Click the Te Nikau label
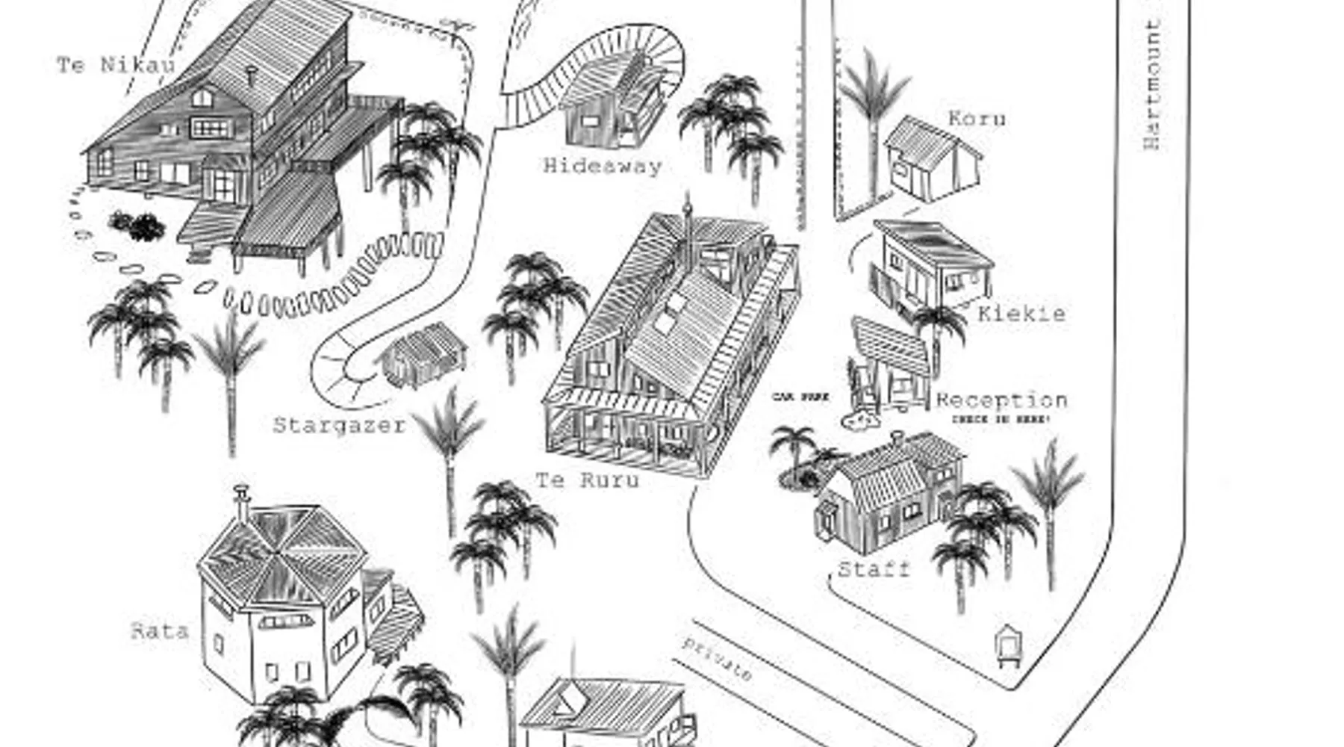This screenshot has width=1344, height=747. point(116,65)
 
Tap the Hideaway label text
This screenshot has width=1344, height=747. point(602,165)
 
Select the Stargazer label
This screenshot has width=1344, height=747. point(339,425)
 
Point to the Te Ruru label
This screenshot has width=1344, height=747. point(588,480)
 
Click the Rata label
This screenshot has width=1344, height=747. point(160,631)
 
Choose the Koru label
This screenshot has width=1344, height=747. point(977,118)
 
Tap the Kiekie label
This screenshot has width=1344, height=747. point(1021,313)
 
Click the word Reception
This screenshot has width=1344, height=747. point(1001,400)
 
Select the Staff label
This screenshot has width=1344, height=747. point(874,569)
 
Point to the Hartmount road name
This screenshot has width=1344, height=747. point(1152,84)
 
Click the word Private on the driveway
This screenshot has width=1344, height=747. point(716,659)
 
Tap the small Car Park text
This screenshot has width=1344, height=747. point(800,397)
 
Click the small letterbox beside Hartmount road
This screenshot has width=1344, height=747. point(1007,645)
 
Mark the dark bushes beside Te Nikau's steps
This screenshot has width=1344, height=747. point(137,225)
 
